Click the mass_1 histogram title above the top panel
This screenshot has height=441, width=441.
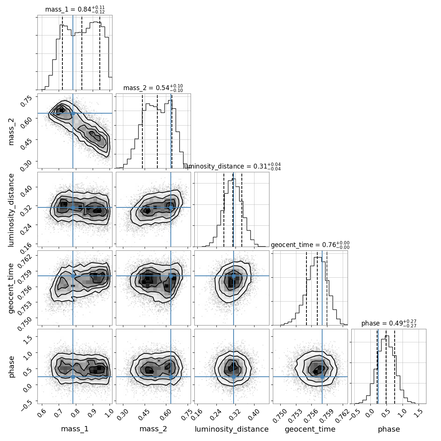pos(75,10)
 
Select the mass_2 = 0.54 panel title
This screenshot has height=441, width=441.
pos(153,88)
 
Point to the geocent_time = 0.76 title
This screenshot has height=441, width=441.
pos(310,245)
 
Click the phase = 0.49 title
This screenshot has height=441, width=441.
pos(389,324)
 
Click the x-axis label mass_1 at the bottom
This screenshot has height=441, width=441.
pos(75,429)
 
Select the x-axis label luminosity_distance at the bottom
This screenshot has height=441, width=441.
pos(232,429)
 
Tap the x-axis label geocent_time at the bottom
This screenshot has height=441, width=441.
pos(310,429)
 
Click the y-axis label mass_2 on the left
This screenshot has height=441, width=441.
pos(11,131)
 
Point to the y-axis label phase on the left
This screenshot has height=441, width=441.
pos(11,366)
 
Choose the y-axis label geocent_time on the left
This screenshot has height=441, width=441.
pos(11,288)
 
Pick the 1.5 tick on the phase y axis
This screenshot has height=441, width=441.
pos(30,338)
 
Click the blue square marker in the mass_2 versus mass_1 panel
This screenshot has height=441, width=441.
pos(73,113)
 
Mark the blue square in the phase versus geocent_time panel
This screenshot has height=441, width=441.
pos(322,377)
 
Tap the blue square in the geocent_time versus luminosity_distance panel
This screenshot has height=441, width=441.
pos(234,276)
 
